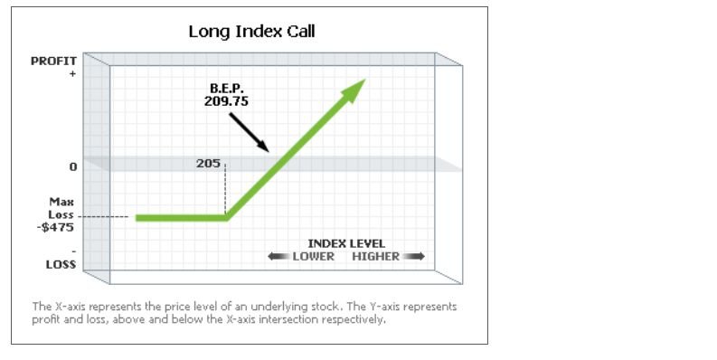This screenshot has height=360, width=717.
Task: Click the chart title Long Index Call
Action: (x=251, y=32)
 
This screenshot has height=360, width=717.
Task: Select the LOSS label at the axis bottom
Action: (x=60, y=265)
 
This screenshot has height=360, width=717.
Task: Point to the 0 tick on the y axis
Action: (x=71, y=167)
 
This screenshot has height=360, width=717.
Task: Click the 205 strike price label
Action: (x=208, y=164)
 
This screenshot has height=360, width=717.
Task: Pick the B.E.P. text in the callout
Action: (x=225, y=89)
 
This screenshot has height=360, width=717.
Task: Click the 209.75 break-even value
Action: (x=226, y=102)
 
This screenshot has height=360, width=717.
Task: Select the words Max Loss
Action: (x=61, y=209)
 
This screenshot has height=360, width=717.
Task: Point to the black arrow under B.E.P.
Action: (x=247, y=132)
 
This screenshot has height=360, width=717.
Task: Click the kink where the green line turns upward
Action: (x=227, y=217)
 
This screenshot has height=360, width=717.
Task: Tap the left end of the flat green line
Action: (x=138, y=217)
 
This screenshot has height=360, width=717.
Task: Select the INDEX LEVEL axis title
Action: (x=346, y=243)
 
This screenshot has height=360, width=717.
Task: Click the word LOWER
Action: (x=313, y=256)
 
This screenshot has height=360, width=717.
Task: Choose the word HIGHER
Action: (x=375, y=256)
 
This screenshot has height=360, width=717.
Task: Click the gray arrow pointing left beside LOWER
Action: (x=278, y=257)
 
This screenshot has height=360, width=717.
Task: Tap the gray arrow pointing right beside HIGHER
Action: (x=414, y=257)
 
